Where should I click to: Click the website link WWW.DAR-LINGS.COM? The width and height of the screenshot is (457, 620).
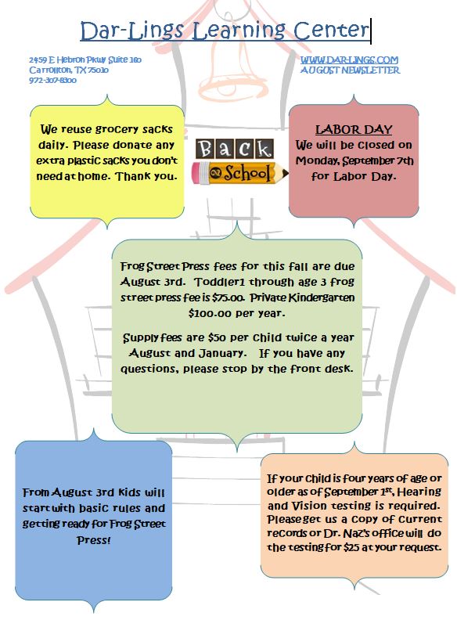[349, 60]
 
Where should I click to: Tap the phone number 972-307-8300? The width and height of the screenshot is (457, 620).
[52, 81]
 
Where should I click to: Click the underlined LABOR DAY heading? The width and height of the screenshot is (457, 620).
[354, 129]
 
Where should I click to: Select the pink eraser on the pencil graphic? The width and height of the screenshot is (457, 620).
[198, 173]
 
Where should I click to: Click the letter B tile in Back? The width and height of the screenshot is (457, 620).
[205, 149]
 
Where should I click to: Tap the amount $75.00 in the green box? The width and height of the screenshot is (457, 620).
[228, 297]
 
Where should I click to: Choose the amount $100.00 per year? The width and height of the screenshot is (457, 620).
[236, 314]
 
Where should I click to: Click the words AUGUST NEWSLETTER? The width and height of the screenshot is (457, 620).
[350, 70]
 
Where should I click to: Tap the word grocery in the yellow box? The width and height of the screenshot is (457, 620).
[117, 130]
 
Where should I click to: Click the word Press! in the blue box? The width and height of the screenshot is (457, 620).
[94, 539]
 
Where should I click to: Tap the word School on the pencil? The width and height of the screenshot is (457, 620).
[247, 173]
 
